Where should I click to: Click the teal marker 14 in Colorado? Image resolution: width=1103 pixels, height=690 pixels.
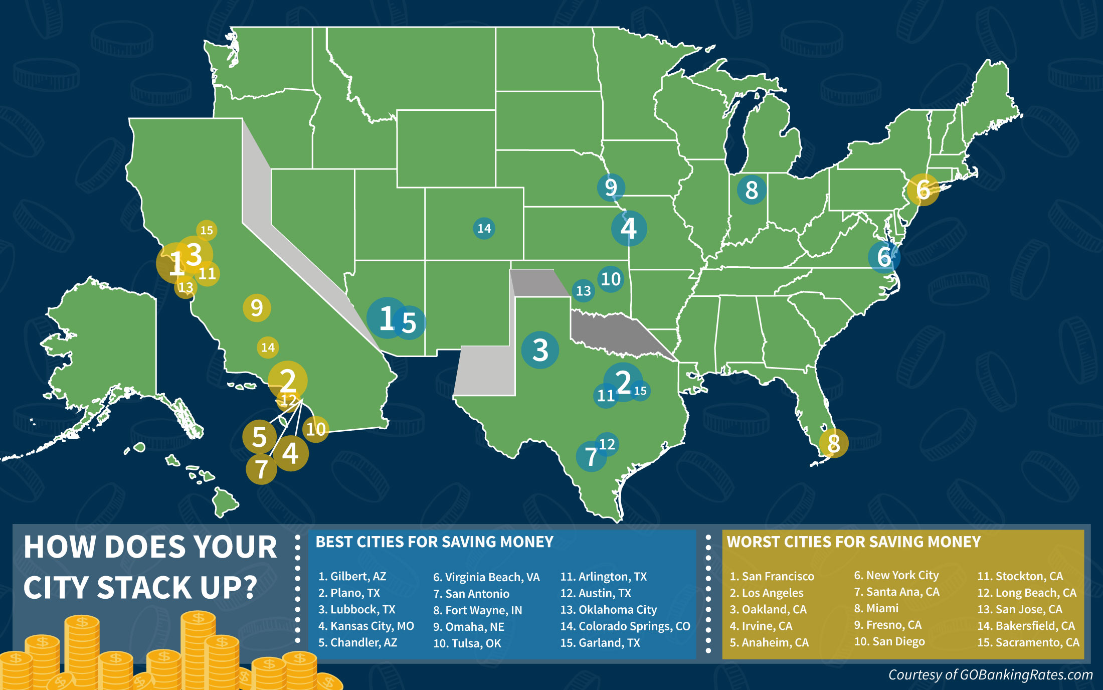pyautogui.click(x=484, y=229)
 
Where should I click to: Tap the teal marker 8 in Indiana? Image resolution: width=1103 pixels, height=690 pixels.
pyautogui.click(x=751, y=190)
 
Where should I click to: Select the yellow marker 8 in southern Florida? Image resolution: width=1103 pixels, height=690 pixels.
pyautogui.click(x=833, y=443)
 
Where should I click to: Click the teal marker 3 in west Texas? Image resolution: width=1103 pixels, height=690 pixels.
pyautogui.click(x=540, y=350)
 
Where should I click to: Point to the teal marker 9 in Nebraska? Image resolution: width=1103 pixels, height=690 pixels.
pyautogui.click(x=611, y=188)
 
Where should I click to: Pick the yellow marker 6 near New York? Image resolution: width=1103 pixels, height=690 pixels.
pyautogui.click(x=923, y=190)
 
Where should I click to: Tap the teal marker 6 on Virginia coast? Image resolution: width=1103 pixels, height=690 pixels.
pyautogui.click(x=884, y=257)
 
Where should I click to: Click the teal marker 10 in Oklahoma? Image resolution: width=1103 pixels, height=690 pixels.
pyautogui.click(x=611, y=279)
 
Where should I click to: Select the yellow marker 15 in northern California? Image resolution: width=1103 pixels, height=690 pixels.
pyautogui.click(x=207, y=230)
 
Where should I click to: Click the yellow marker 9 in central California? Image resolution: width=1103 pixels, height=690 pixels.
pyautogui.click(x=257, y=307)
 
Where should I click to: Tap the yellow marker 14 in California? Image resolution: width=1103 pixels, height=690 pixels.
pyautogui.click(x=268, y=347)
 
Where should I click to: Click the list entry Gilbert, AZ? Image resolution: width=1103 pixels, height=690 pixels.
pyautogui.click(x=352, y=576)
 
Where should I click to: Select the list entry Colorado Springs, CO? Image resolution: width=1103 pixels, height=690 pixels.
pyautogui.click(x=625, y=626)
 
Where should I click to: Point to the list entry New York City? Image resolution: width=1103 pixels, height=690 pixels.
pyautogui.click(x=896, y=575)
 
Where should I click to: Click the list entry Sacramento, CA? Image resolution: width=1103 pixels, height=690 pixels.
pyautogui.click(x=1028, y=642)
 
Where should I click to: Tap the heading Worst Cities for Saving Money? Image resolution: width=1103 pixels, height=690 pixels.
pyautogui.click(x=853, y=542)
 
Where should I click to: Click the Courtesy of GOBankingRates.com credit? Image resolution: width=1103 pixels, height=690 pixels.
pyautogui.click(x=990, y=675)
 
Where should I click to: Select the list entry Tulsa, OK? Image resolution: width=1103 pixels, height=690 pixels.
pyautogui.click(x=467, y=643)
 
